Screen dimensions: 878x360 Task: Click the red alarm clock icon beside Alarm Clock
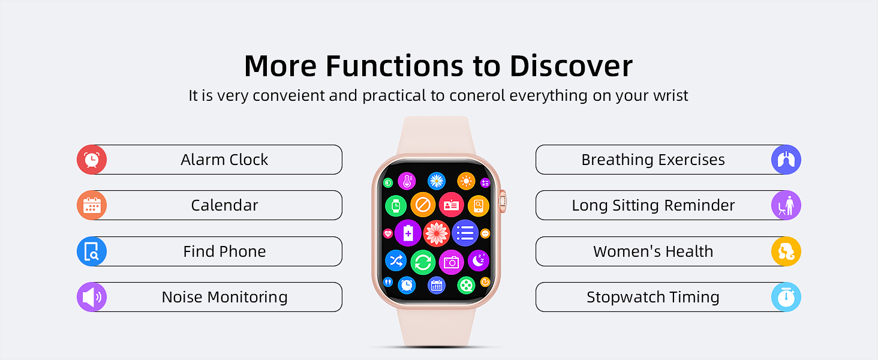[92, 160]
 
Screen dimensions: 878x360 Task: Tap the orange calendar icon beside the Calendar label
[92, 205]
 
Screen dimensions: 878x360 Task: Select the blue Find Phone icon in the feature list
[92, 251]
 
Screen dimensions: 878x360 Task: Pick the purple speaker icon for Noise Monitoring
[92, 297]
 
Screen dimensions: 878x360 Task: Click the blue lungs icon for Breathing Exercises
[786, 160]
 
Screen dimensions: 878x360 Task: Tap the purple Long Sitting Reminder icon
[786, 205]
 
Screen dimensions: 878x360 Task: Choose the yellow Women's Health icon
[786, 251]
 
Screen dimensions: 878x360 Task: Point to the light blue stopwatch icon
[786, 297]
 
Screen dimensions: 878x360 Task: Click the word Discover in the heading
[571, 66]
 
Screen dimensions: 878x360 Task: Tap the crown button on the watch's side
[503, 201]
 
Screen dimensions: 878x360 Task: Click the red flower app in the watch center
[436, 233]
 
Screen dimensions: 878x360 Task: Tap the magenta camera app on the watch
[451, 262]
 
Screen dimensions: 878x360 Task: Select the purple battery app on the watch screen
[408, 233]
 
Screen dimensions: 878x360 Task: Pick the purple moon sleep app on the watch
[479, 260]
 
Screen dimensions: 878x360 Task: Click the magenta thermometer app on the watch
[407, 181]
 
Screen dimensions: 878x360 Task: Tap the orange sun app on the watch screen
[466, 181]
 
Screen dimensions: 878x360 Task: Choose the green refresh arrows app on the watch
[423, 262]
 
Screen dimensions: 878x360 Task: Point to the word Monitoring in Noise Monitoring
[247, 298]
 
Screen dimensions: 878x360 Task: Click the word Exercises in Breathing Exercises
[691, 160]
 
